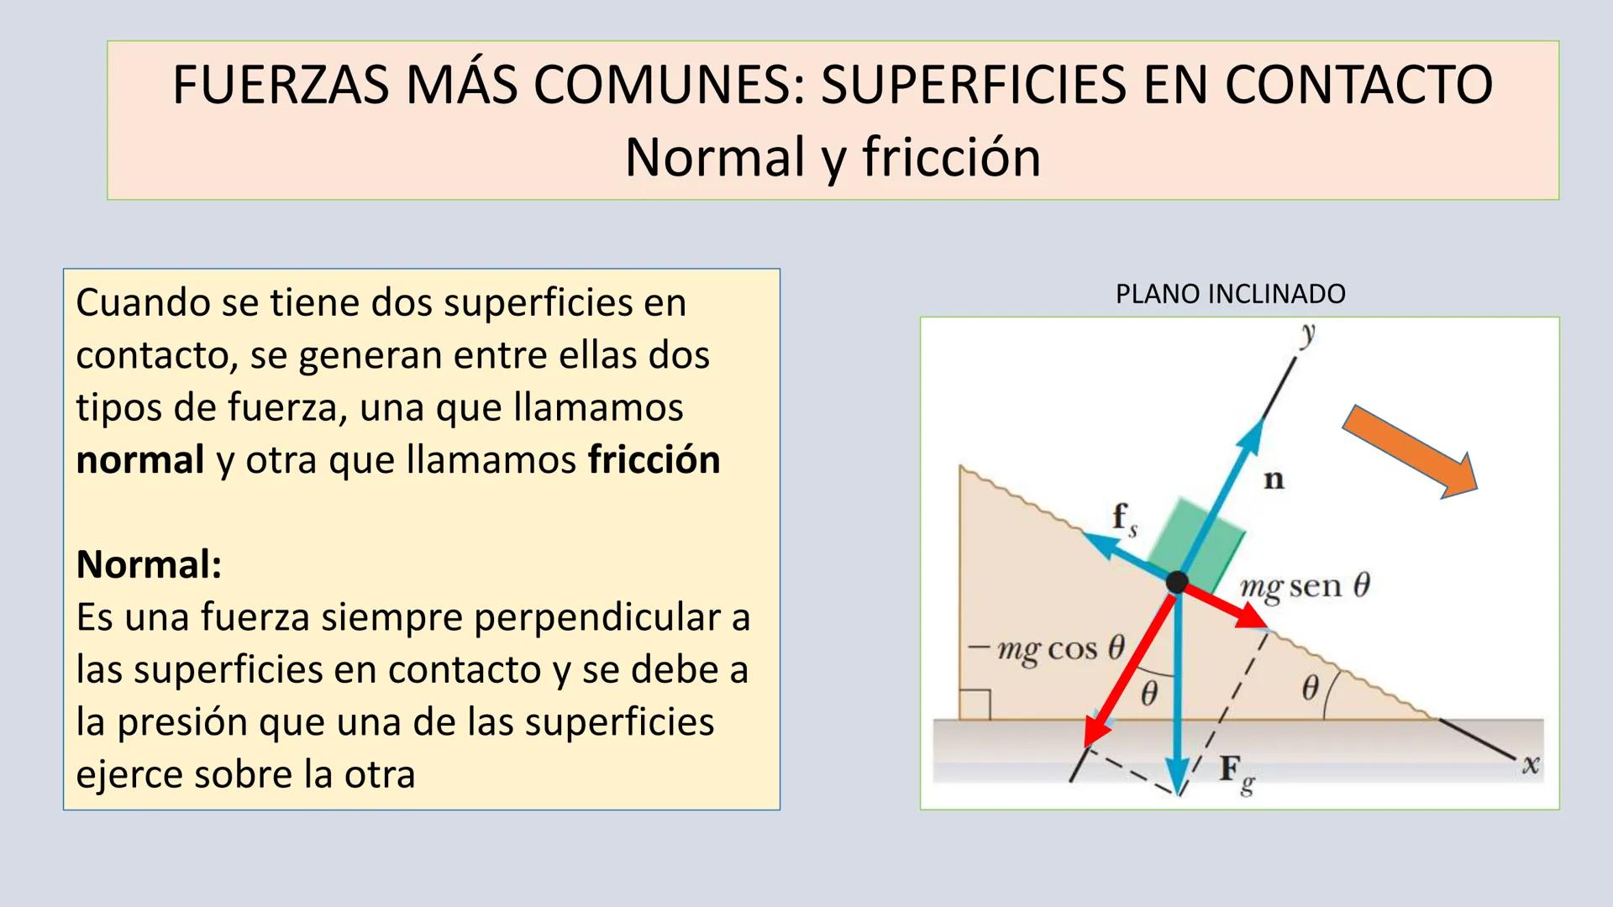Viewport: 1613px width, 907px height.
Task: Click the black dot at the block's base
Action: (1177, 581)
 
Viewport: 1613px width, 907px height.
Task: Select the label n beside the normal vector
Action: (1274, 480)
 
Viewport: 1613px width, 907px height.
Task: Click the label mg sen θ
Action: (1306, 586)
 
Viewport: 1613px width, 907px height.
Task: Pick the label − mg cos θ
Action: (1046, 649)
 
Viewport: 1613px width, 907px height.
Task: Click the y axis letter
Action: (1307, 334)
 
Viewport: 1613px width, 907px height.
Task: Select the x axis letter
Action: (1531, 764)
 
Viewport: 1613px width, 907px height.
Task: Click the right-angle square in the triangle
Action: (975, 705)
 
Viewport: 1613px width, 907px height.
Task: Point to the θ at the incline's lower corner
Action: (1310, 689)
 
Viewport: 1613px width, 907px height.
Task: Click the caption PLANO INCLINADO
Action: (1231, 294)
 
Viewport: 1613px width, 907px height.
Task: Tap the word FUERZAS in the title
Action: (281, 85)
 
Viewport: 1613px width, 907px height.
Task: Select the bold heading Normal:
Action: (149, 564)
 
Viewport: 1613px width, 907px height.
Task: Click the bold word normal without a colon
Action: (140, 460)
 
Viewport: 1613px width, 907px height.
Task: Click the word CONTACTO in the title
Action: (1358, 85)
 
